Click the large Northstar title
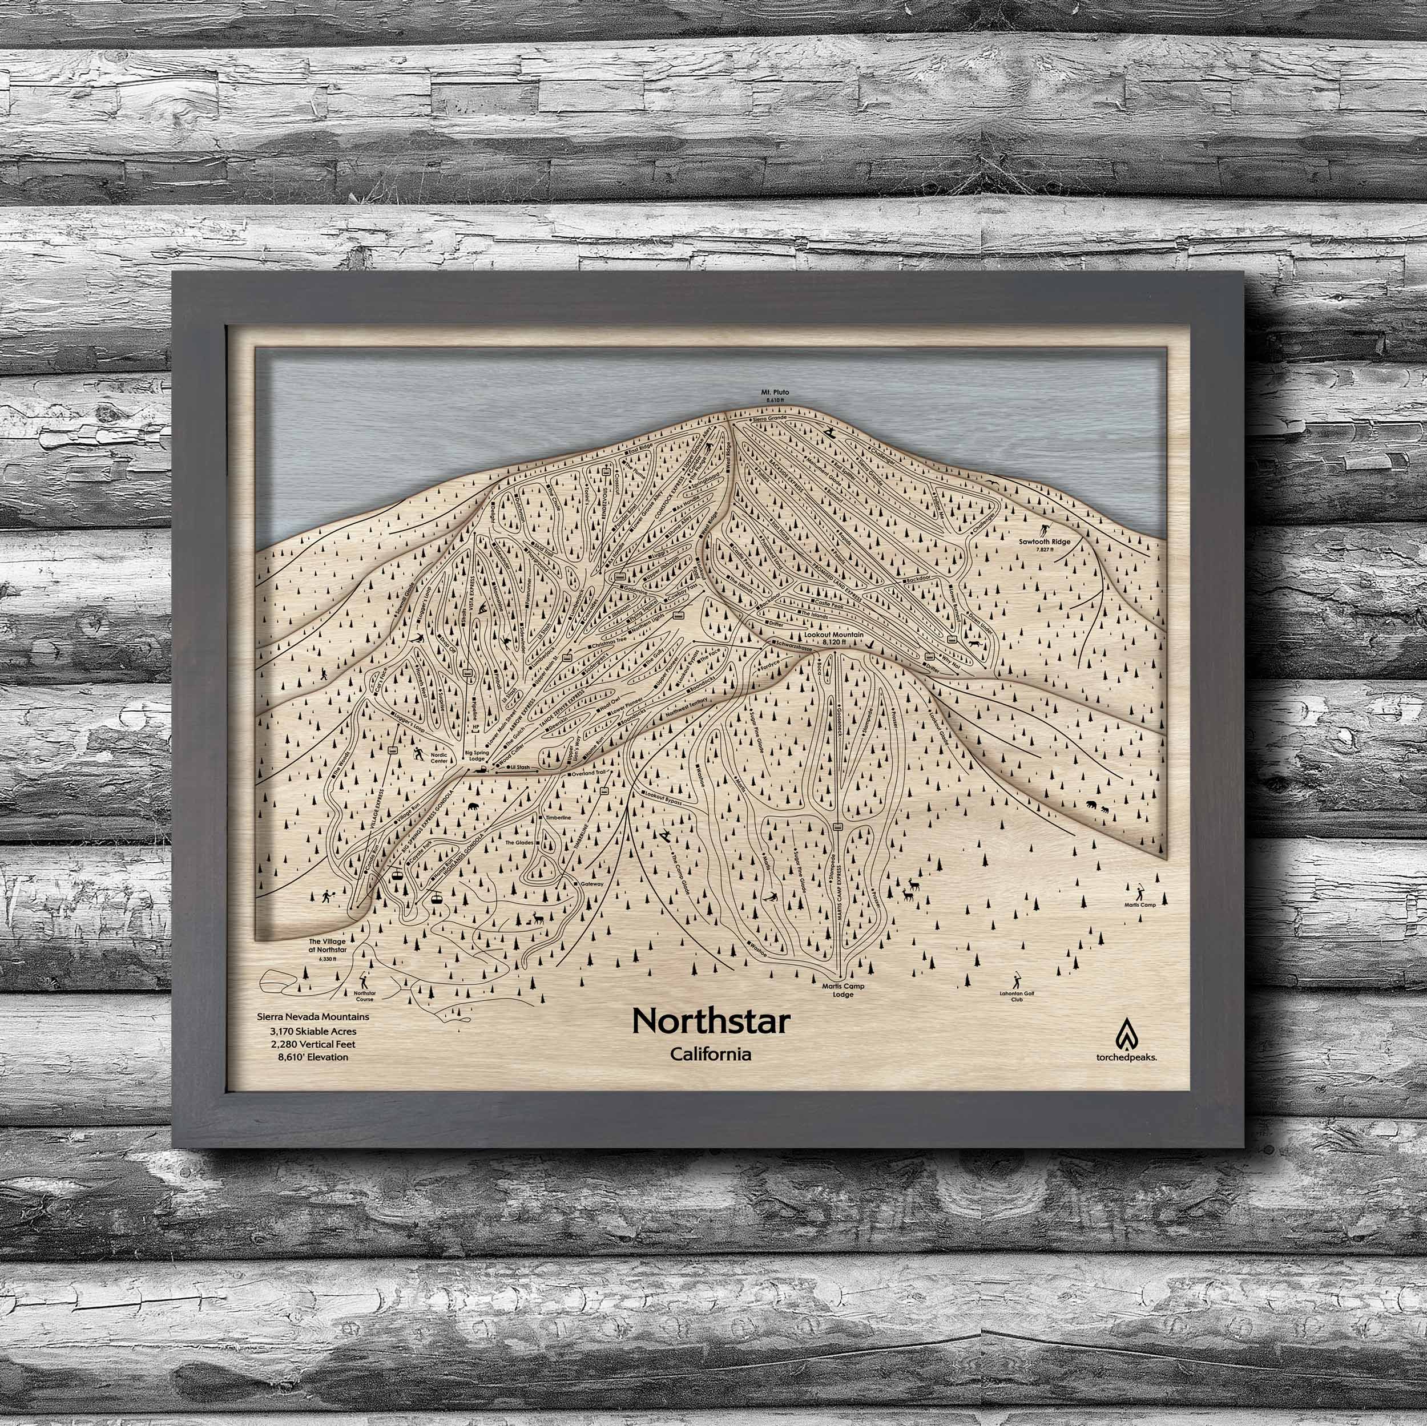[711, 1021]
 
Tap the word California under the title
[711, 1054]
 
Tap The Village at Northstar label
[327, 947]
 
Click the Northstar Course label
[364, 996]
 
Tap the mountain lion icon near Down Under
[977, 646]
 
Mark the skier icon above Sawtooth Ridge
[1045, 530]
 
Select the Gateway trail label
[591, 884]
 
